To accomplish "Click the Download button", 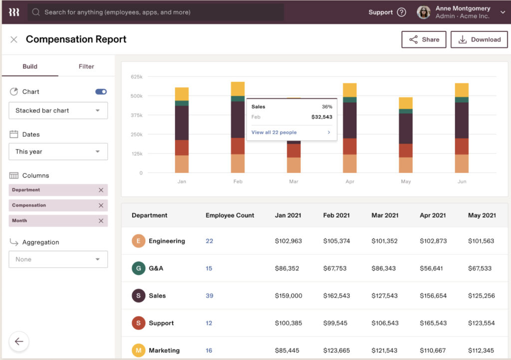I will [479, 39].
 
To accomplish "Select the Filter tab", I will [86, 66].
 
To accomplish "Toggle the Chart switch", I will [101, 92].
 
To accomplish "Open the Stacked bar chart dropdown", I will [58, 110].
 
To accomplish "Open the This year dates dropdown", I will [58, 152].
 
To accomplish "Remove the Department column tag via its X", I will [101, 190].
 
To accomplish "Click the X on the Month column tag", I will [101, 221].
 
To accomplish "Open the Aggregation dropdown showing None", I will [58, 259].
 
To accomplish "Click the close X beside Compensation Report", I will [14, 39].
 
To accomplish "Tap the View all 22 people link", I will [274, 132].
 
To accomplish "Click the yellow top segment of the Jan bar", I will [182, 94].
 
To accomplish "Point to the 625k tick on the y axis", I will [137, 76].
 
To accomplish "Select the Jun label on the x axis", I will [462, 182].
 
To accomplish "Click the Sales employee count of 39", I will [209, 296].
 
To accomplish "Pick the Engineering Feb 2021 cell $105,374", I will [336, 241].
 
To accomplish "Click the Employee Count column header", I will [230, 215].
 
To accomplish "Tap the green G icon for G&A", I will [138, 269].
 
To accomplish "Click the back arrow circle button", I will [19, 342].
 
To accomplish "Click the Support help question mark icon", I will [401, 12].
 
